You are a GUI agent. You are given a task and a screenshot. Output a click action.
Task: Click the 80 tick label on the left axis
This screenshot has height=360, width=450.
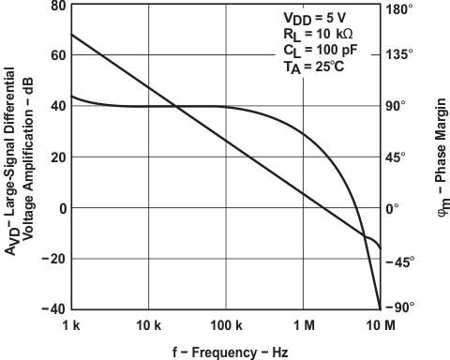[x=56, y=6]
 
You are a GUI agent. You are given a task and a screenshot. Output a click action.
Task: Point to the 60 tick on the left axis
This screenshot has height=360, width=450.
[x=56, y=54]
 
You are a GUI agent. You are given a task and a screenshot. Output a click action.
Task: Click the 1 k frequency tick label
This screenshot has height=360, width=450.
[x=71, y=324]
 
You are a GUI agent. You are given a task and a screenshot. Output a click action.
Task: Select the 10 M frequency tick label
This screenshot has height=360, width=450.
[x=379, y=324]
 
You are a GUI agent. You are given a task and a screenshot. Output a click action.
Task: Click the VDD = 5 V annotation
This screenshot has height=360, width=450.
[x=316, y=18]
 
